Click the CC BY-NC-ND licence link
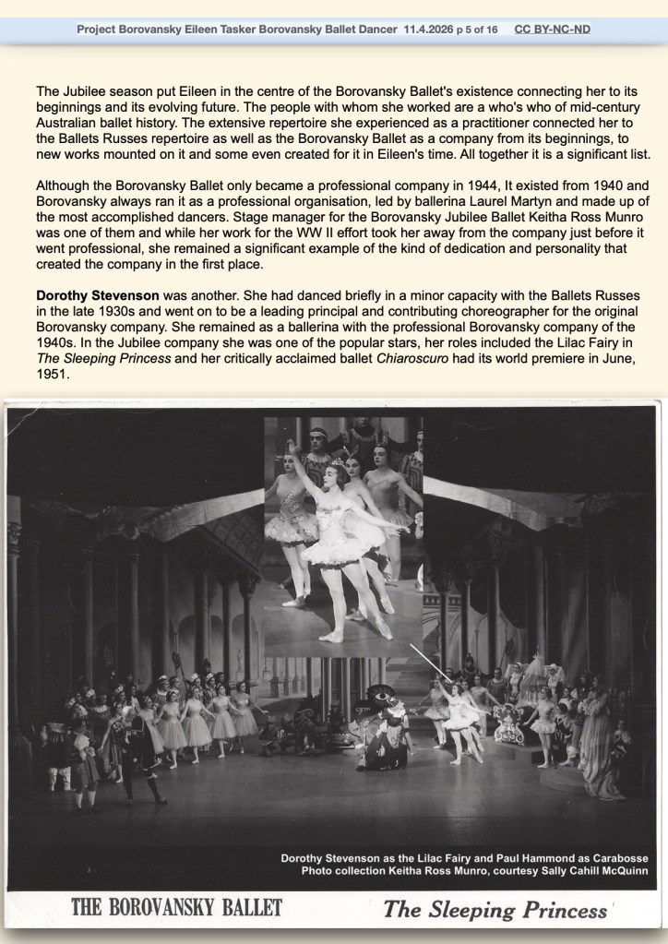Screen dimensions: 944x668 (553, 30)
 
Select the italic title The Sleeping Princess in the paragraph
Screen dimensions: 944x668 (102, 357)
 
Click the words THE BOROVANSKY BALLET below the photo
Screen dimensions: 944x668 (177, 908)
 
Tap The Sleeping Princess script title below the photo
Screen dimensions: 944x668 (495, 909)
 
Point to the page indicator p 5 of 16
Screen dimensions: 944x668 (477, 30)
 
